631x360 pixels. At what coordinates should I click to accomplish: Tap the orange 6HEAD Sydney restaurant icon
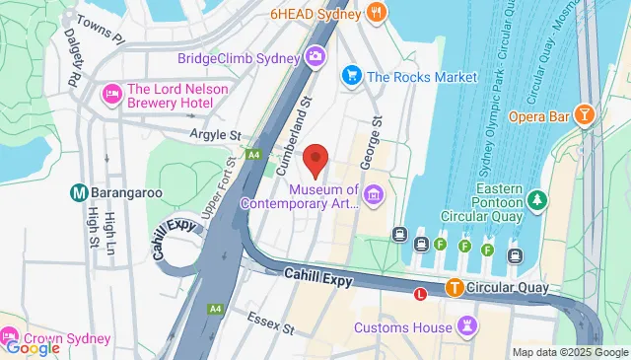(376, 13)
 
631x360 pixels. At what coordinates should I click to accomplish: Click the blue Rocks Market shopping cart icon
(350, 75)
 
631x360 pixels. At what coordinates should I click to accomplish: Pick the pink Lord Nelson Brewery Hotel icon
(112, 95)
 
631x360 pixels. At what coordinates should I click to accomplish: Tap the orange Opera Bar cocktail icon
(586, 116)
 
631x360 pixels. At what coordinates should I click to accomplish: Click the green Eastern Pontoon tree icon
(537, 201)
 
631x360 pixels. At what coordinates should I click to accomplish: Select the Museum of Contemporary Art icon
(372, 194)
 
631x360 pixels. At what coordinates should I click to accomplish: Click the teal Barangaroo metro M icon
(78, 192)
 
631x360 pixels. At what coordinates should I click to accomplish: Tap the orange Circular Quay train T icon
(455, 289)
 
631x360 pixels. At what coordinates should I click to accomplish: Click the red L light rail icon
(421, 293)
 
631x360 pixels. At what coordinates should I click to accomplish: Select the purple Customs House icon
(468, 324)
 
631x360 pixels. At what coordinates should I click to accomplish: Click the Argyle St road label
(216, 133)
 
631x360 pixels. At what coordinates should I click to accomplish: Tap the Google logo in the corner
(32, 347)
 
